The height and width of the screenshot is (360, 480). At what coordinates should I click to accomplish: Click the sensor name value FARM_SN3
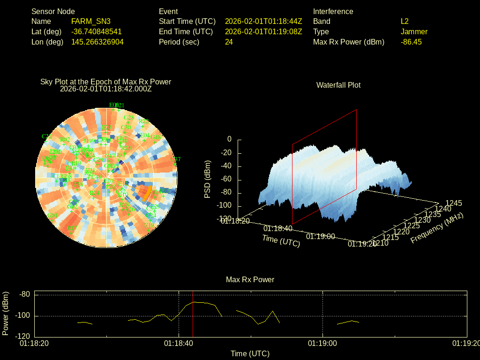click(x=91, y=22)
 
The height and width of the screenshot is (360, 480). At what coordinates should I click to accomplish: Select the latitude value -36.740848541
click(x=97, y=32)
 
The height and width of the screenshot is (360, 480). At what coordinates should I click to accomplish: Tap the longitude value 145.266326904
click(x=97, y=42)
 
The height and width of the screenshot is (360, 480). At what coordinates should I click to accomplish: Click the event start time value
click(x=263, y=22)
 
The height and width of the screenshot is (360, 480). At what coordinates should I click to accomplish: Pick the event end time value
click(x=263, y=32)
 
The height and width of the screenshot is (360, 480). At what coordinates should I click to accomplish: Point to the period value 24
click(x=229, y=42)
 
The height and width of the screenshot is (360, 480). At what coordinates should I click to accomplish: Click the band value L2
click(x=405, y=22)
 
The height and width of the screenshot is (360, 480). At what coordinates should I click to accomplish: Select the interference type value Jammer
click(x=414, y=32)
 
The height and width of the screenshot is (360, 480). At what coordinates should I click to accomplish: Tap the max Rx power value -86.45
click(x=411, y=42)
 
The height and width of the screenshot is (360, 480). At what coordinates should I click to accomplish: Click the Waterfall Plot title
click(x=338, y=85)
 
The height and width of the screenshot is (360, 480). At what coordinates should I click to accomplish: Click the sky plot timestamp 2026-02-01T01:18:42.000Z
click(x=106, y=89)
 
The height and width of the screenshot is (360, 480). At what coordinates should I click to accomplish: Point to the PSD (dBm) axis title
click(x=208, y=179)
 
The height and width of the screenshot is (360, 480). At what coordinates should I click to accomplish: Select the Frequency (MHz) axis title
click(x=437, y=228)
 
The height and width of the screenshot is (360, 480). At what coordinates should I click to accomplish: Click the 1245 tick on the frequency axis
click(x=453, y=203)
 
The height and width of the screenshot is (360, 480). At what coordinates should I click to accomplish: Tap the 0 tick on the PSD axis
click(x=229, y=139)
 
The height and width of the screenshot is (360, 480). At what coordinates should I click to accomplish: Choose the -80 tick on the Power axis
click(x=24, y=294)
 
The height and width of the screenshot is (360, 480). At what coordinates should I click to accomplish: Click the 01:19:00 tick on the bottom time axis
click(x=322, y=344)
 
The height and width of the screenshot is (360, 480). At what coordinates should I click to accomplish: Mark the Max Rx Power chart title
click(x=250, y=280)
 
